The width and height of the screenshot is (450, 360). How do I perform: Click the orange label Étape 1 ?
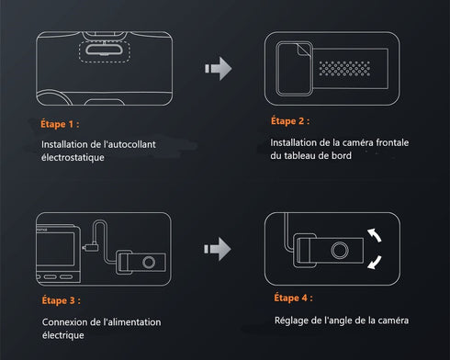pyautogui.click(x=61, y=122)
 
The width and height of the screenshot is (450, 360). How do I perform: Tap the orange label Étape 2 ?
pyautogui.click(x=290, y=120)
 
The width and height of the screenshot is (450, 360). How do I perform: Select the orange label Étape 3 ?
pyautogui.click(x=62, y=299)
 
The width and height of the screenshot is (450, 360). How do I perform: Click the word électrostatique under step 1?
pyautogui.click(x=73, y=158)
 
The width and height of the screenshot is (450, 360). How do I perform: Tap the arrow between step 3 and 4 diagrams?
pyautogui.click(x=216, y=247)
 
